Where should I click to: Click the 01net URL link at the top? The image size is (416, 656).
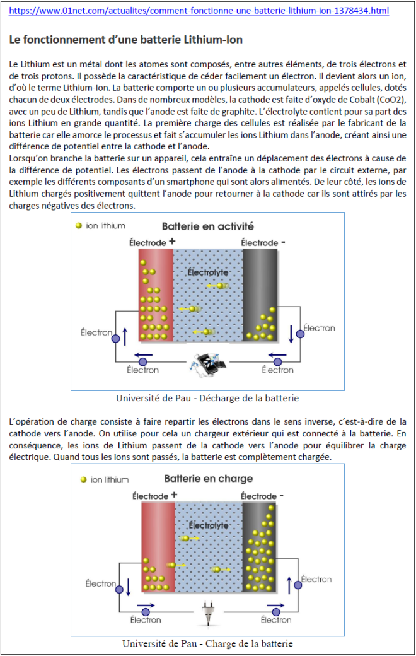[x=199, y=11]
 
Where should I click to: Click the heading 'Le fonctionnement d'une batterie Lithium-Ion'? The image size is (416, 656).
[x=126, y=39]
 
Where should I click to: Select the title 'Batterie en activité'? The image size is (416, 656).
[x=208, y=226]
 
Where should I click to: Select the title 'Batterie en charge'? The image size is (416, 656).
[x=209, y=479]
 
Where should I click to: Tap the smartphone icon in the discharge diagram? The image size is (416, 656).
[x=207, y=365]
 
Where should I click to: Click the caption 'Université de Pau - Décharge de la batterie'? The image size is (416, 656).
[x=207, y=398]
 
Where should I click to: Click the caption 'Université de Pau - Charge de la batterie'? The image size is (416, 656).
[x=207, y=643]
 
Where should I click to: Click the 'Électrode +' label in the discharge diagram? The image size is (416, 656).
[x=152, y=242]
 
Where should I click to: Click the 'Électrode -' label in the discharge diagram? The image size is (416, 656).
[x=263, y=242]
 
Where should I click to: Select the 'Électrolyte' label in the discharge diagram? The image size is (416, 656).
[x=207, y=272]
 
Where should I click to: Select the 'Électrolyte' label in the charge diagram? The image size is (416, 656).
[x=209, y=525]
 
